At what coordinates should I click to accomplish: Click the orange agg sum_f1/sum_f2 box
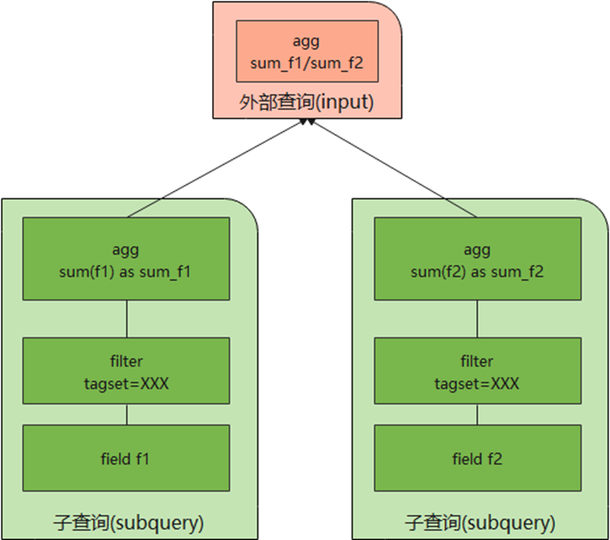[307, 51]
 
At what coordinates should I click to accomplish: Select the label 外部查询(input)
[307, 103]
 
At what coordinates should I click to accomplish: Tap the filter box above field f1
[125, 371]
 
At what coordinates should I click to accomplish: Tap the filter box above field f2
[477, 371]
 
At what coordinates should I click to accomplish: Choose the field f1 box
[125, 459]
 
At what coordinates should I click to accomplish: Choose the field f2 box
[477, 459]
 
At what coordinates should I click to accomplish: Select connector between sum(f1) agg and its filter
[126, 320]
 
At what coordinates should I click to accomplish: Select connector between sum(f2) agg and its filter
[477, 320]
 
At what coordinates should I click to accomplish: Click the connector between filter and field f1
[126, 414]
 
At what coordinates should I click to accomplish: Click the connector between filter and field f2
[477, 414]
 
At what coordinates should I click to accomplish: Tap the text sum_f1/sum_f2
[307, 63]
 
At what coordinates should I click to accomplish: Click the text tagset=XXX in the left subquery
[125, 383]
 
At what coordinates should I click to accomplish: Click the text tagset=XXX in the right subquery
[477, 383]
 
